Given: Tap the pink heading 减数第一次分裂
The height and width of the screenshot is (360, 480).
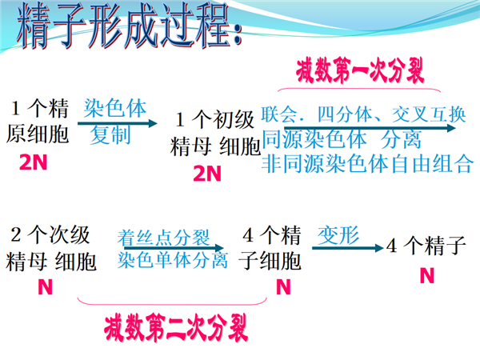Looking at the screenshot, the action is coord(360,71).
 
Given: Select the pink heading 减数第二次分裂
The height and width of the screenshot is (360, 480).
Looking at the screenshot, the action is coord(176,328).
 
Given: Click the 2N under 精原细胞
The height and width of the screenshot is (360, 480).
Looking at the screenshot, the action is coord(33,162).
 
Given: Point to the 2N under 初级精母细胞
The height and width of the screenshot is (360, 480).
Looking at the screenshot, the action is coord(207,174).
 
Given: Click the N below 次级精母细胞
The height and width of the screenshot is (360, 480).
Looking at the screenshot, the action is coord(45,287).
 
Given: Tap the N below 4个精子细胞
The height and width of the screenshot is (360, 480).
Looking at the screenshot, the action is coord(283,287).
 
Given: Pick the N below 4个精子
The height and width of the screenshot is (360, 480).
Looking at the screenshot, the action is coord(427,275).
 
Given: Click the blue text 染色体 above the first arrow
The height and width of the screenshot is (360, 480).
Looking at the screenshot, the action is coord(115,108).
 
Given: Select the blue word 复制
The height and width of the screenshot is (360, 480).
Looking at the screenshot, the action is coord(111,134).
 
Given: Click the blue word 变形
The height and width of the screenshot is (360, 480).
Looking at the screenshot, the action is coord(338,236).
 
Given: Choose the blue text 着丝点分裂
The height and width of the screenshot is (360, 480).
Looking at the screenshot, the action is coord(163,238).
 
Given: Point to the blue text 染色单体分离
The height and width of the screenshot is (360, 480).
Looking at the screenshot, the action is coord(172,260).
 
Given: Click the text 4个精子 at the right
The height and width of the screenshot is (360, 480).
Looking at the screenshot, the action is coord(426,245).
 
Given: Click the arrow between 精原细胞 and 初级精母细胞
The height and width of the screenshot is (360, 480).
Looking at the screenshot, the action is coord(118,123).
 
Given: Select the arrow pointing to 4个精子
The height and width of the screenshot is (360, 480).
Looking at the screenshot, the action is coord(348,248).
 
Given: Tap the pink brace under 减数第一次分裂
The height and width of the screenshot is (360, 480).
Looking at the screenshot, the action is coord(358,89).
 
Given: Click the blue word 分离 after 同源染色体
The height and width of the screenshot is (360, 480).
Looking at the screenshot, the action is coord(401,139).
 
